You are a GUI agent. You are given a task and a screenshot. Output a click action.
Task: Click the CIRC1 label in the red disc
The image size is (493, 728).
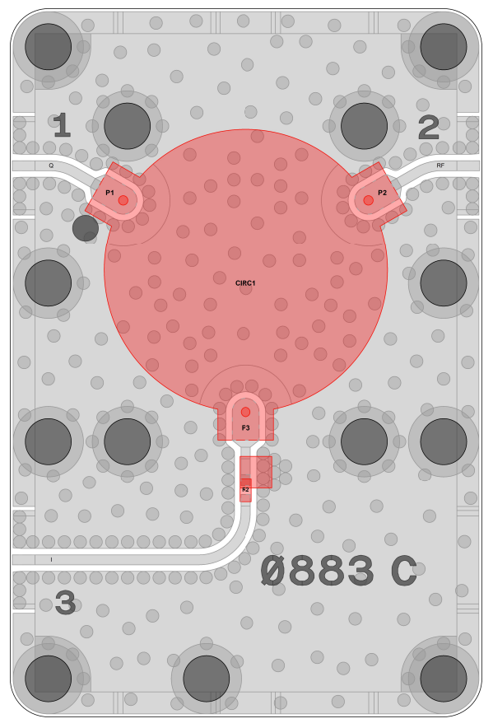pos(245,282)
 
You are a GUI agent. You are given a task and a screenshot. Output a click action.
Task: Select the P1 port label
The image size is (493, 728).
pos(109,192)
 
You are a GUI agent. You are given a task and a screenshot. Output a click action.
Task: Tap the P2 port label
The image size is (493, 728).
pos(382,192)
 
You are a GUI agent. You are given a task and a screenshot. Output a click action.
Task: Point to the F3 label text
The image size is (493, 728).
pos(245,427)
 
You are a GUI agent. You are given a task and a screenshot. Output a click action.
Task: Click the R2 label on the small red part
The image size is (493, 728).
pos(245,489)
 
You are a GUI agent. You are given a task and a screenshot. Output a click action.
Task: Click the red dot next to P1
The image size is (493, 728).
pos(123,200)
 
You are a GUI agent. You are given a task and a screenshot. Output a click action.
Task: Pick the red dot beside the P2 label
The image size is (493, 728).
pos(368,200)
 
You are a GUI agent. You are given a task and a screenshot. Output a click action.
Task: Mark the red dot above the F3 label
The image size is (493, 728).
pos(245,412)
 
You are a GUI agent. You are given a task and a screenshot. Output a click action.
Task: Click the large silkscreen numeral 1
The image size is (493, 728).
pos(62,125)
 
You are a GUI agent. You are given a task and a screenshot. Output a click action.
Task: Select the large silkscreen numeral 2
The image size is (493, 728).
pos(429,127)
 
